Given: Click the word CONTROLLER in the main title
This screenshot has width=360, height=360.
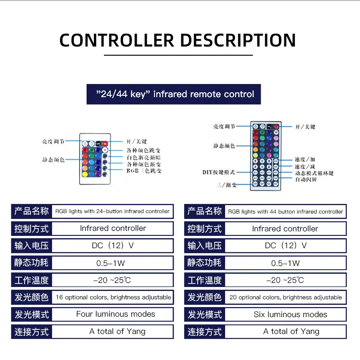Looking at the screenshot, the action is pos(116,40).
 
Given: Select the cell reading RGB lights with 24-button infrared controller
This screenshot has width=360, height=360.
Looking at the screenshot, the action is pos(113,211).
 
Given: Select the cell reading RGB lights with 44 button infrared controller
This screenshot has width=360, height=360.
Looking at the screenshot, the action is pos(285,212).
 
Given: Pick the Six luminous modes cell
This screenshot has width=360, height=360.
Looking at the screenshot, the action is pos(290,314).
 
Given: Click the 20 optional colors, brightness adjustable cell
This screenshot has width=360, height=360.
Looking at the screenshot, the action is pos(286,297).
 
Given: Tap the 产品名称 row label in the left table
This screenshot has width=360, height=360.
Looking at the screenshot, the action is pos(31,211).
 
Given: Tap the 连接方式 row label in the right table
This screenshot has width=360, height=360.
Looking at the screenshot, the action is pos(205,332).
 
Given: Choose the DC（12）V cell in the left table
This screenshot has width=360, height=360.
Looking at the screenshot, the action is pos(113,245).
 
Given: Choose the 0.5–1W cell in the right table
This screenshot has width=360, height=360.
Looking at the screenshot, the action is pos(285,263).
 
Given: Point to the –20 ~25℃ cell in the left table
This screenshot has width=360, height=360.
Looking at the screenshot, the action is pos(112,280).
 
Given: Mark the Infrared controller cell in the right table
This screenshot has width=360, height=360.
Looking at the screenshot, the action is pos(285,229).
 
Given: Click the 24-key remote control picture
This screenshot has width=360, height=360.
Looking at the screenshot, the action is pos(94,158).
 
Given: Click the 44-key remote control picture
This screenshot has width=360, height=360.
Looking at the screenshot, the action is pos(266,156).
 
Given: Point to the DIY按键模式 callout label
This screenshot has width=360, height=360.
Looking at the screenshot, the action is pos(219,172).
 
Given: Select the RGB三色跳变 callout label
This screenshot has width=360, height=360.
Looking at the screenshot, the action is pos(144,171).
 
